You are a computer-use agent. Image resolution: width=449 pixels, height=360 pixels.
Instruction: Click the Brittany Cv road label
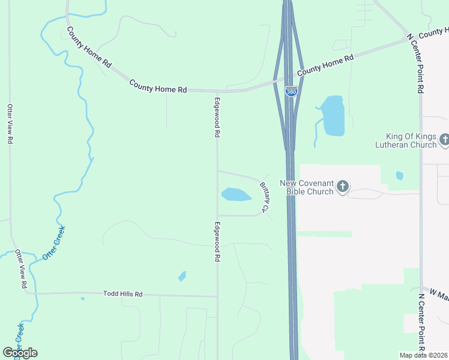[x=264, y=197]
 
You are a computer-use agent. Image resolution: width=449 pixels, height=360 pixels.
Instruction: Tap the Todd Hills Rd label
[x=122, y=294]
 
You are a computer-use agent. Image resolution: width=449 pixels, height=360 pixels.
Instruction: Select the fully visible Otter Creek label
[x=53, y=243]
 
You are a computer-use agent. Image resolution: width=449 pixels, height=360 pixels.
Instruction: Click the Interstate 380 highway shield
[x=291, y=92]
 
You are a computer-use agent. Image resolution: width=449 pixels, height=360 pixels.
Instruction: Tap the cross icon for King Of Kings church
[x=444, y=140]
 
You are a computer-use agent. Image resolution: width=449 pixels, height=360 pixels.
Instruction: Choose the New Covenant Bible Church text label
[x=306, y=187]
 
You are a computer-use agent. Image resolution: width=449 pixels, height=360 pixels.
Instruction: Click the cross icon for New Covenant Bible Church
[x=342, y=187]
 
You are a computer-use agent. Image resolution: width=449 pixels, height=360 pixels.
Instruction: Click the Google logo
[x=20, y=352]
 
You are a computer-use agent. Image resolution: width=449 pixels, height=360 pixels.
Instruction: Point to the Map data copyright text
[x=423, y=355]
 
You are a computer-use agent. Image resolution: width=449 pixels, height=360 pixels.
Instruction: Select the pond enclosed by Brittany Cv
[x=236, y=194]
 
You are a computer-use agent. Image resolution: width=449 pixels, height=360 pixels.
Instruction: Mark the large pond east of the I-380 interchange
[x=333, y=115]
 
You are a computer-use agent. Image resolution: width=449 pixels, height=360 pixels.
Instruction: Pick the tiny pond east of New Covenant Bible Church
[x=399, y=176]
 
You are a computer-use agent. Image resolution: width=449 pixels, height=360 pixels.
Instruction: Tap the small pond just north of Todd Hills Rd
[x=182, y=277]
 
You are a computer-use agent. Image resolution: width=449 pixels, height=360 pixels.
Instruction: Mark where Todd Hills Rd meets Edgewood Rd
[x=217, y=296]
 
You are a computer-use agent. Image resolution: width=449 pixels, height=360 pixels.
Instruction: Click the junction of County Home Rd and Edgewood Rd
[x=217, y=91]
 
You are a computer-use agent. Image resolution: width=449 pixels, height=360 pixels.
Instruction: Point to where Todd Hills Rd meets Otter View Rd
[x=26, y=293]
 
